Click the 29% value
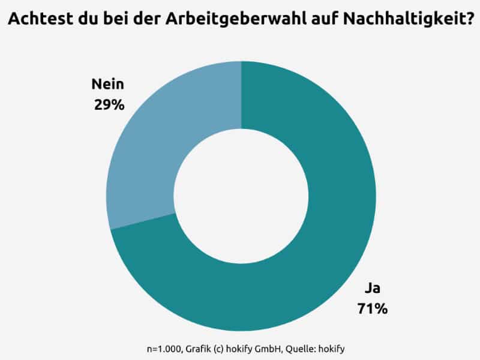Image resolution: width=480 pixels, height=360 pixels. click(x=109, y=104)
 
